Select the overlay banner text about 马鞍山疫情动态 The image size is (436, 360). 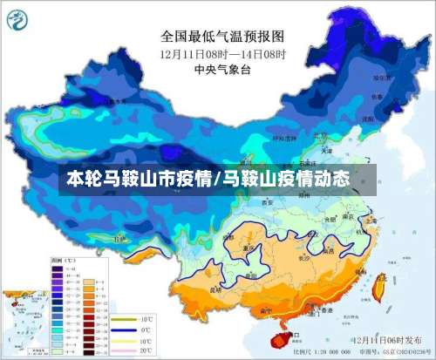click(x=209, y=181)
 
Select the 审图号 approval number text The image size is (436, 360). click(x=392, y=350)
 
